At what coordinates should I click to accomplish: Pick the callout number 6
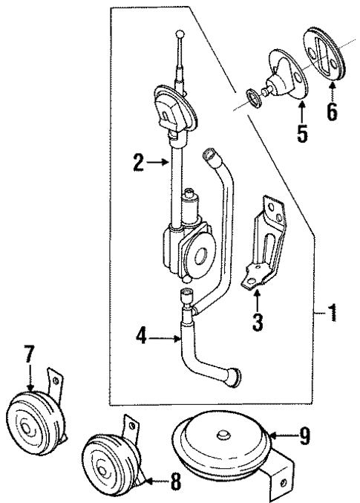pos(332,112)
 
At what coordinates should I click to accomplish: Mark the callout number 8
pos(175,481)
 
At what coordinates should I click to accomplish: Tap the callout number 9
pos(304,435)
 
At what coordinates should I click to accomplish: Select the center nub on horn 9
pos(222,435)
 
